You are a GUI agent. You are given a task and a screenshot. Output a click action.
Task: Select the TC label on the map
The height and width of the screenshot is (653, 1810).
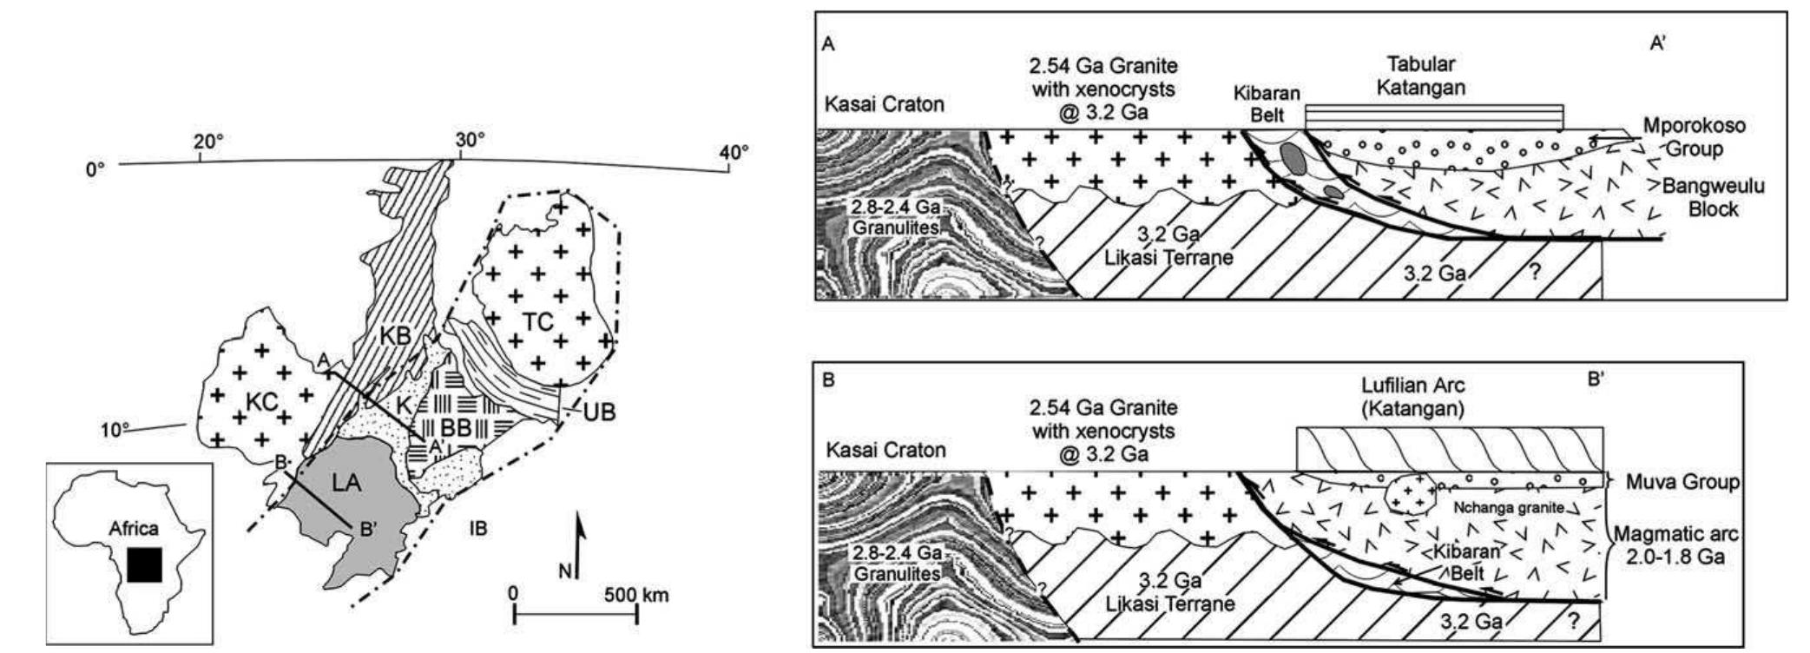538,321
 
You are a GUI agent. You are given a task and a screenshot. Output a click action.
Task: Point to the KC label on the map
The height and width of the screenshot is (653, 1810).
260,401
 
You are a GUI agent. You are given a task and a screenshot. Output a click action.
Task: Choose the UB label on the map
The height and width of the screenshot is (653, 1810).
598,412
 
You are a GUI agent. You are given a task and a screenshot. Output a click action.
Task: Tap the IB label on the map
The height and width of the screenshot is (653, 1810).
477,527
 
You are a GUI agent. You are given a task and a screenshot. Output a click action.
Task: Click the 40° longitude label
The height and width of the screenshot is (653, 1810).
733,153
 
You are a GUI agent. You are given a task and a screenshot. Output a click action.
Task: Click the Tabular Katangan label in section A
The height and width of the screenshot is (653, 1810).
1420,76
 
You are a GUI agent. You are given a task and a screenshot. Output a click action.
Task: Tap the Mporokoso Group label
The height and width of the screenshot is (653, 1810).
1694,137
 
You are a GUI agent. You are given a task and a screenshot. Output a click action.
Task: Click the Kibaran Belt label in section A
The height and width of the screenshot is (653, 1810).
1267,104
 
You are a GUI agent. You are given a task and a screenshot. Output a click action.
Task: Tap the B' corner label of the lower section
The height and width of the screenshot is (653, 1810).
1594,379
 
